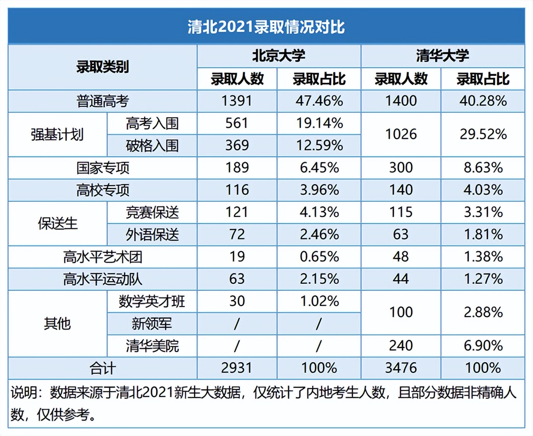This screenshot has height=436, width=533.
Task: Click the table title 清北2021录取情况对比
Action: pos(266,27)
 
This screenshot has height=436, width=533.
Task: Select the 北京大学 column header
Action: pos(279,56)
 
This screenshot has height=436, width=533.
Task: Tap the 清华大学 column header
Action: pos(442,56)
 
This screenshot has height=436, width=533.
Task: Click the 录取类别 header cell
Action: pos(102,67)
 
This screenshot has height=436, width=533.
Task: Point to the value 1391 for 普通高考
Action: pos(237,101)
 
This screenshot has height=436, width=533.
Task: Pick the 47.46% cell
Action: pos(319,101)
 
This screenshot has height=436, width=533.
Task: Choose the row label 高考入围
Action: pos(152,123)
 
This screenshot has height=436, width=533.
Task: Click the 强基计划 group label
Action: pos(57,135)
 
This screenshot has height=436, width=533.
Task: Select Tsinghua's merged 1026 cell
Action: pos(401,134)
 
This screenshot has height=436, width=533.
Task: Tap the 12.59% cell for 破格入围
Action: pos(319,145)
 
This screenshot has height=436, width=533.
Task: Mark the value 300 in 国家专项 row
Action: pos(401,168)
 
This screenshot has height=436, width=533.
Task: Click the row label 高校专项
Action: pos(102,190)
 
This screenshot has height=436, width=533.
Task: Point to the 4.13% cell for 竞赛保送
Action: pos(319,212)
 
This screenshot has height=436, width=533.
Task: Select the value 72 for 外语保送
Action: pos(237,234)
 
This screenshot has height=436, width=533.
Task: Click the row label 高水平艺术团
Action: pos(102,257)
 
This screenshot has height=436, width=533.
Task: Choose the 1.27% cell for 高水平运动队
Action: pos(483,279)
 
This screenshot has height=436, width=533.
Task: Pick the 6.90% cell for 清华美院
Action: pos(483,346)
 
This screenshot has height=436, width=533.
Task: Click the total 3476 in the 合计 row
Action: pos(401,368)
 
